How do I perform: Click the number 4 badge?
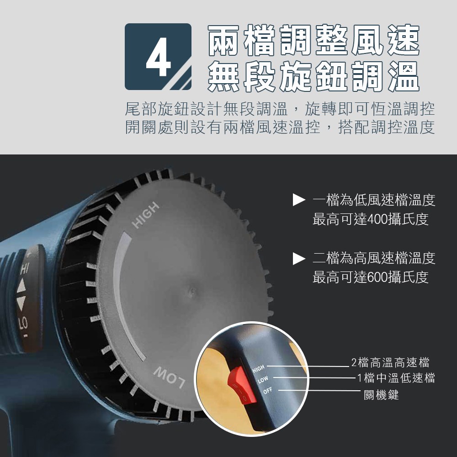[x=158, y=57]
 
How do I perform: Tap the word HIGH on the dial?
[x=145, y=215]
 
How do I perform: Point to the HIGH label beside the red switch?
[x=259, y=368]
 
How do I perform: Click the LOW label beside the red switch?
[x=263, y=379]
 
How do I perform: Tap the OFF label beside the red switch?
[x=267, y=391]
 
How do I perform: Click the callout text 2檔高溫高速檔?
[x=390, y=362]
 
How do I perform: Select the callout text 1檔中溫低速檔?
[x=396, y=378]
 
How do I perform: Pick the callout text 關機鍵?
[x=381, y=395]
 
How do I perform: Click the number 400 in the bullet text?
[x=378, y=219]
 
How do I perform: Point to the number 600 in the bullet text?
[x=378, y=277]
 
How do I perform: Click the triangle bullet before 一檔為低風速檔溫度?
[x=299, y=200]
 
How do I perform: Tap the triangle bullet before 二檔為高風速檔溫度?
[x=299, y=259]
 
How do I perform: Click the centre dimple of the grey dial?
[x=192, y=290]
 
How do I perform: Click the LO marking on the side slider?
[x=23, y=323]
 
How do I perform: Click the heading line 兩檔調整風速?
[x=314, y=41]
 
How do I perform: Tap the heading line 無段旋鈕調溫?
[x=314, y=76]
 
